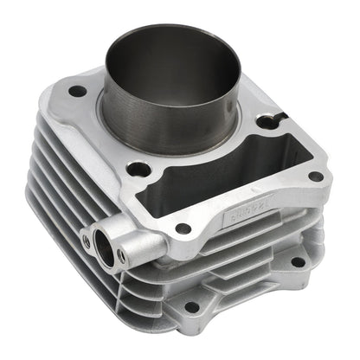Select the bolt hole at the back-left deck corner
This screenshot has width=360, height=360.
(78, 91)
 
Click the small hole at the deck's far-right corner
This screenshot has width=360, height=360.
(316, 176)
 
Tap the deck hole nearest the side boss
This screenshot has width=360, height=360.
(183, 228)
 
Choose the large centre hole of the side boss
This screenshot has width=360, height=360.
(104, 247)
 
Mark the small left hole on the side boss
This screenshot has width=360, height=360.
(85, 241)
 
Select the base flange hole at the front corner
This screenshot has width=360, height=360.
(191, 306)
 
